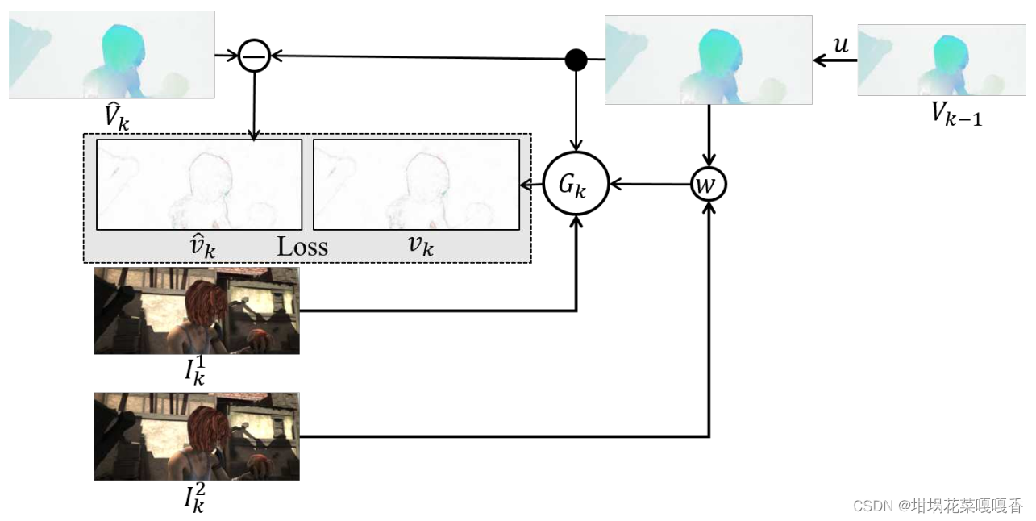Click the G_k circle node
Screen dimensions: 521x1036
click(x=576, y=184)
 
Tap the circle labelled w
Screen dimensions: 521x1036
click(x=709, y=185)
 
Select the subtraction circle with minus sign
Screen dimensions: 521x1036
click(x=254, y=56)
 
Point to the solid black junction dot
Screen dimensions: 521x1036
click(x=576, y=59)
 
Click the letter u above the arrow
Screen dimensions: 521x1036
click(x=840, y=45)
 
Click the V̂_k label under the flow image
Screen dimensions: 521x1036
click(x=116, y=117)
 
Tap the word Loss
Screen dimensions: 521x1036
click(x=302, y=246)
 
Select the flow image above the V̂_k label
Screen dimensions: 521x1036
click(x=112, y=55)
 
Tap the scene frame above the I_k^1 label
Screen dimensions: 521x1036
click(x=197, y=311)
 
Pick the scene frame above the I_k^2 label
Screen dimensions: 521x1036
click(x=197, y=436)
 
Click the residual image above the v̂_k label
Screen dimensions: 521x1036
click(x=199, y=185)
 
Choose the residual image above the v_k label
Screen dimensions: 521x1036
click(x=415, y=185)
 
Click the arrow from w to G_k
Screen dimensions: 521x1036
click(x=650, y=185)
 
